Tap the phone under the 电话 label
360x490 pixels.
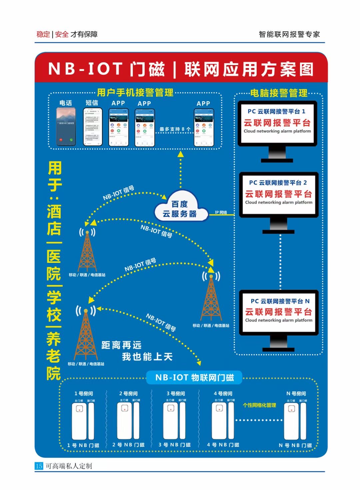click(66, 127)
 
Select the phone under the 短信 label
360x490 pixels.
click(92, 127)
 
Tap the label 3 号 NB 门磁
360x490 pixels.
click(174, 445)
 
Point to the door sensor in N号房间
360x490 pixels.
click(295, 421)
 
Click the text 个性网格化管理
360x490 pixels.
click(259, 405)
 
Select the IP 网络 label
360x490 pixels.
click(221, 212)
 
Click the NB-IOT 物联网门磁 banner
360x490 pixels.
click(194, 378)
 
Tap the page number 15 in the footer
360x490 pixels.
click(39, 466)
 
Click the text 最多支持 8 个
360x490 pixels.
click(175, 129)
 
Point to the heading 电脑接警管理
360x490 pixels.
click(279, 93)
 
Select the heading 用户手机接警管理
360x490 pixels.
click(135, 92)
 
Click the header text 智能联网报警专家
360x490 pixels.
click(289, 34)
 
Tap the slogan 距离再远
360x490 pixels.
click(121, 345)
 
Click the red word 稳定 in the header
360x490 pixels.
click(43, 34)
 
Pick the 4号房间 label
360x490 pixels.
click(223, 394)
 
